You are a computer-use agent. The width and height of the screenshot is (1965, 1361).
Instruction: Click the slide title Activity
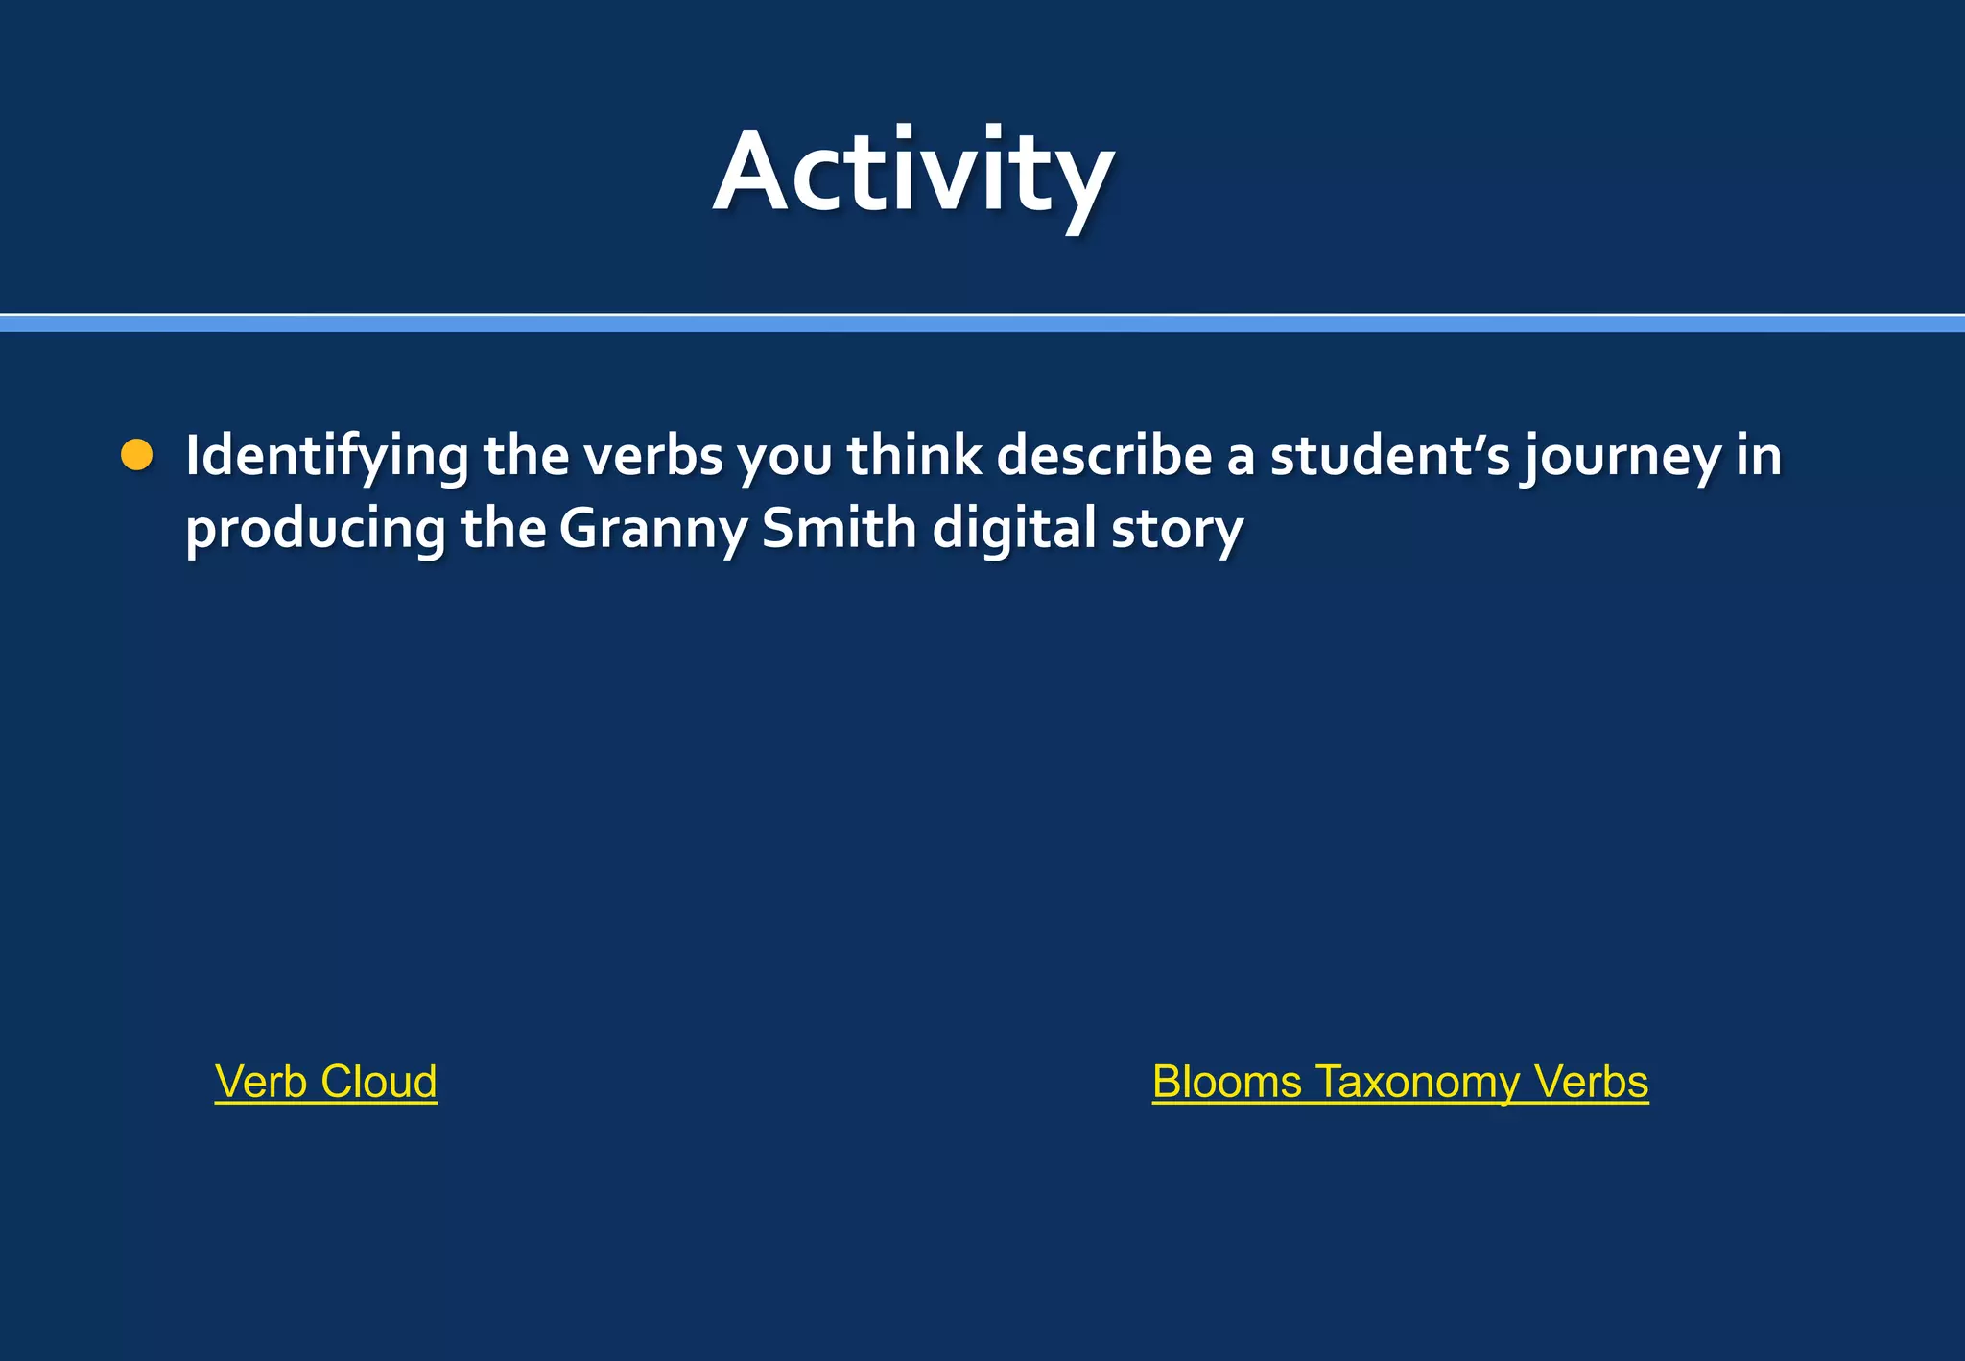point(913,173)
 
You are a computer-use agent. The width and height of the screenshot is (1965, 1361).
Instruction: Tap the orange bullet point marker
point(137,455)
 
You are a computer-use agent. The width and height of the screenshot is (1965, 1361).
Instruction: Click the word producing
point(316,530)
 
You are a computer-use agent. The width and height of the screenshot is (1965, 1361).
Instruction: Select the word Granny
point(651,530)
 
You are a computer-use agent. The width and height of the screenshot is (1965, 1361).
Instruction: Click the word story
point(1177,530)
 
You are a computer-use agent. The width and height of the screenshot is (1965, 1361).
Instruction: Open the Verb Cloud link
point(326,1082)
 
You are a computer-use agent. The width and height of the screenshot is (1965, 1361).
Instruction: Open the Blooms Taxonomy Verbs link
point(1400,1082)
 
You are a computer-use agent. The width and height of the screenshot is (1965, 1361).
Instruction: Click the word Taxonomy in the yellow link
point(1417,1083)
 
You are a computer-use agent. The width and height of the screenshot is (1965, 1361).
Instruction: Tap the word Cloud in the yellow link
point(379,1082)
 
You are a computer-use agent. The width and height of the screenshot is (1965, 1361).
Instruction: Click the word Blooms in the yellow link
point(1226,1082)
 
